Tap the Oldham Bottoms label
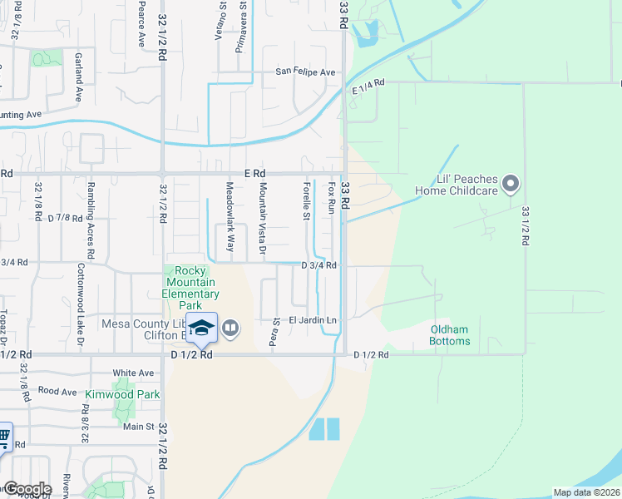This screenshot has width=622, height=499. [450, 335]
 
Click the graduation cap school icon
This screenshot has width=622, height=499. [200, 328]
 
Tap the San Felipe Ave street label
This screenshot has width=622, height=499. [306, 72]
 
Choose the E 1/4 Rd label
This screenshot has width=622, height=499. [369, 86]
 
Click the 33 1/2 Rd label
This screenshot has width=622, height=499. [526, 226]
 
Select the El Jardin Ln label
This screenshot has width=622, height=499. [313, 320]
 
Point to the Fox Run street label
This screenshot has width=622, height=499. [331, 197]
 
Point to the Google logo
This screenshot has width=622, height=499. [27, 489]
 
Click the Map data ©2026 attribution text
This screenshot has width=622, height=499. [586, 492]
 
